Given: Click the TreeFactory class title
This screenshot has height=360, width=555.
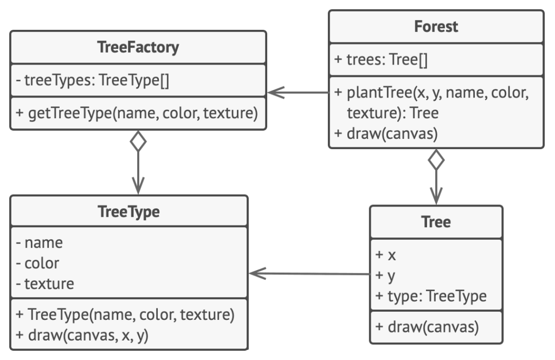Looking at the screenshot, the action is click(138, 47).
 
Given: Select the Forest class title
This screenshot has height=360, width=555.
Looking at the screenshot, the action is click(436, 27).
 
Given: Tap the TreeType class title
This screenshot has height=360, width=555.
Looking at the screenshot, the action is click(128, 211).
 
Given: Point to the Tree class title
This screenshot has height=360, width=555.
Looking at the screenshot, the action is click(436, 222).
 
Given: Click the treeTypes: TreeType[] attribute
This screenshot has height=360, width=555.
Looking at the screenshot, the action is click(92, 80).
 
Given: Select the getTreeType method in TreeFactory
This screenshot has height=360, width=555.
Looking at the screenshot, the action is click(137, 113).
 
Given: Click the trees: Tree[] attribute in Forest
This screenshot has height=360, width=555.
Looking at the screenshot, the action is click(381, 60).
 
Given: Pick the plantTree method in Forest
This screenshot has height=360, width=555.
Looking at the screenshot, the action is click(431, 102).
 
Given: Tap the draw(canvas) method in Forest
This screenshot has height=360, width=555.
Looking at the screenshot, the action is click(386, 134).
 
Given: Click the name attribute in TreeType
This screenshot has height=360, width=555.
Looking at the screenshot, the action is click(39, 243).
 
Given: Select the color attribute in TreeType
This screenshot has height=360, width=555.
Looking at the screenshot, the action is click(37, 263).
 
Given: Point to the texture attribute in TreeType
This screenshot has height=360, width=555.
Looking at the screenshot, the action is click(45, 284).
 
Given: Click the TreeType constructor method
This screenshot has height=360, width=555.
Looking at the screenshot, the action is click(125, 314).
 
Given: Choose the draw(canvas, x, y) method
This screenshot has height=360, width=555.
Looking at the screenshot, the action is click(82, 335).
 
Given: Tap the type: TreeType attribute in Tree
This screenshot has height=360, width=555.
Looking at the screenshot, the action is click(431, 296).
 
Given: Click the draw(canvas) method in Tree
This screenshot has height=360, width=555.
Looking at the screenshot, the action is click(427, 327).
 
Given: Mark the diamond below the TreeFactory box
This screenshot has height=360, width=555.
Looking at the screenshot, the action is click(138, 142).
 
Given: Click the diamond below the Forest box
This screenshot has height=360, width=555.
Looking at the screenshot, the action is click(436, 160).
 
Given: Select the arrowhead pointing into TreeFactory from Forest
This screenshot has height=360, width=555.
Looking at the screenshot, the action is click(276, 93).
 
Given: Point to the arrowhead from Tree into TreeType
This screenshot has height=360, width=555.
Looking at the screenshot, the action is click(257, 273).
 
